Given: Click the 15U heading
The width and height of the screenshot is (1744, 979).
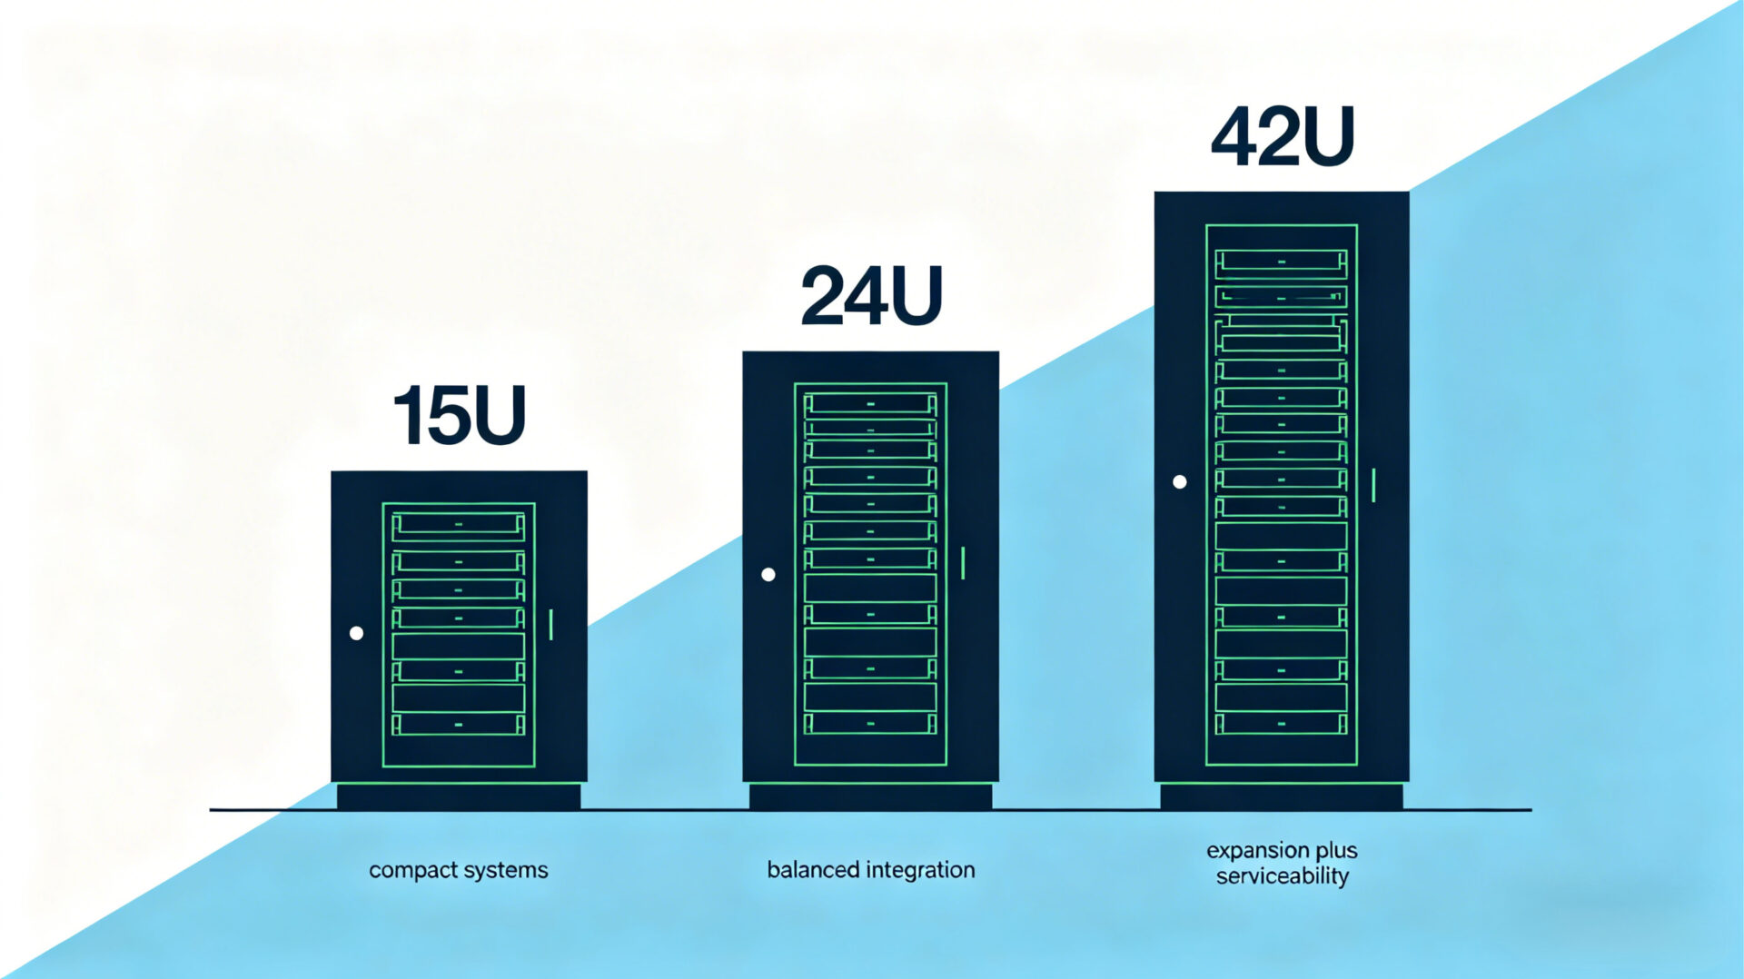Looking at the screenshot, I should coord(459,416).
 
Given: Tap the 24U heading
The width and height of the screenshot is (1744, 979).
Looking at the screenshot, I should coord(871,296).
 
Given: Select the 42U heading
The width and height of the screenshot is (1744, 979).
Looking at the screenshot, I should coord(1282,137).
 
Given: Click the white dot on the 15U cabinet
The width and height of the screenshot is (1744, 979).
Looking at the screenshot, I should coord(356,633).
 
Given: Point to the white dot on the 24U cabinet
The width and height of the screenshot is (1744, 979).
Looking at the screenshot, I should coord(768,574).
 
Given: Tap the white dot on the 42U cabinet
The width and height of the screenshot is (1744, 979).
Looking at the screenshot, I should coord(1179,482).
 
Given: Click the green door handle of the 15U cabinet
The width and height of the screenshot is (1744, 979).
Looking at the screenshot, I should coord(551,625).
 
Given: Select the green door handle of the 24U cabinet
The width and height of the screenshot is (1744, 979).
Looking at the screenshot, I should coord(963,563).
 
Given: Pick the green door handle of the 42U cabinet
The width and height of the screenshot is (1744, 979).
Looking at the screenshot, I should coord(1373,485).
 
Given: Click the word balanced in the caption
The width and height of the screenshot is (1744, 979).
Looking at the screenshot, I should coord(813,870).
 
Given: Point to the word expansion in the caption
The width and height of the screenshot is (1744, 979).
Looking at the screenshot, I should coord(1255,851).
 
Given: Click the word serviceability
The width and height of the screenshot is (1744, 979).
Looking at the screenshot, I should coord(1282,876).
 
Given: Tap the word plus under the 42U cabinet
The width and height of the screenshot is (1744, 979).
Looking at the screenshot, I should coord(1335,851).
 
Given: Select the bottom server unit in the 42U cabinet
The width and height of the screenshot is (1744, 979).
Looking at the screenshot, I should coord(1281,724).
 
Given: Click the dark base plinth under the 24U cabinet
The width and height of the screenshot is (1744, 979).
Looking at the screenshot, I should coord(870,796).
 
